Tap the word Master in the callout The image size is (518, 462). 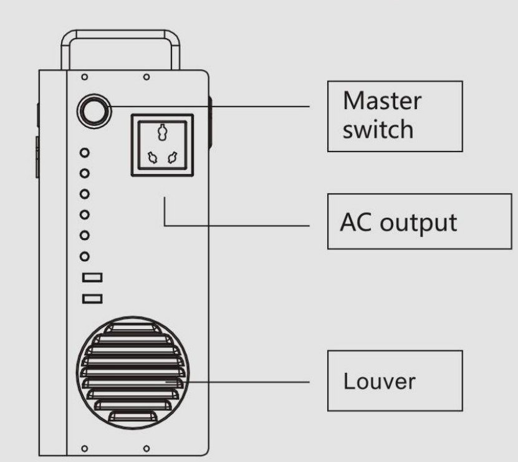click(x=382, y=101)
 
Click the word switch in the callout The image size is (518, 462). click(x=378, y=130)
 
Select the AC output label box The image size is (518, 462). click(x=420, y=222)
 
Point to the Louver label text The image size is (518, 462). click(x=379, y=381)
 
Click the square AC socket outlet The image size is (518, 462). click(x=162, y=145)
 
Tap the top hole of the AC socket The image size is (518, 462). click(x=162, y=133)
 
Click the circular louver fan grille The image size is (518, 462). click(x=132, y=372)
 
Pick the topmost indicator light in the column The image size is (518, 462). click(x=86, y=152)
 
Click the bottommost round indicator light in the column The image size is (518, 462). click(x=86, y=256)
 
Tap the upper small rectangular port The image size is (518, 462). click(x=92, y=277)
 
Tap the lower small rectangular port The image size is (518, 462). click(x=92, y=299)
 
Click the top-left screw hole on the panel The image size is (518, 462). click(x=84, y=77)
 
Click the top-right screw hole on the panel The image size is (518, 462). click(x=146, y=77)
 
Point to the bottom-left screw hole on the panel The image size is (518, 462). click(x=84, y=448)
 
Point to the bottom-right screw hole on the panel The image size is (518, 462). click(x=146, y=448)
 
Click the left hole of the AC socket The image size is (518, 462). click(x=151, y=159)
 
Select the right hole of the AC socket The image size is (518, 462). click(x=173, y=159)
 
